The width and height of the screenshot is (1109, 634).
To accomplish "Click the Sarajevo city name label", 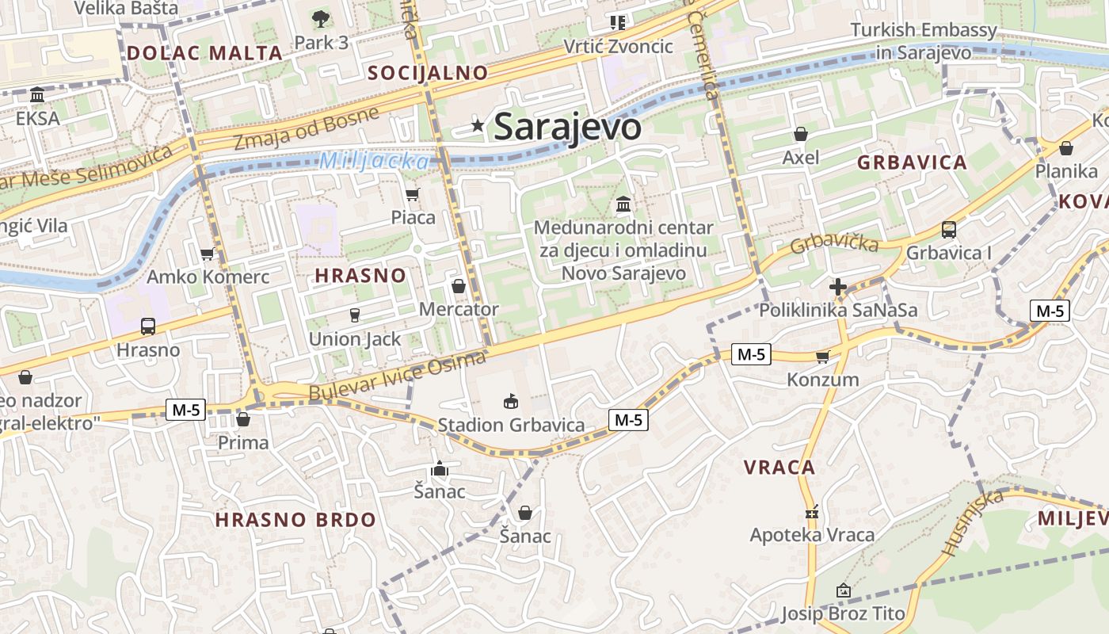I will [x=567, y=127].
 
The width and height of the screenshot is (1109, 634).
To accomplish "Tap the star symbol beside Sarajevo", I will [x=478, y=125].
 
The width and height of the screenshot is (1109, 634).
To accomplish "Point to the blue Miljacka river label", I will [x=374, y=161].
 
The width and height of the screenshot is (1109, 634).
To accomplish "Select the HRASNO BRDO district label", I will [x=295, y=520].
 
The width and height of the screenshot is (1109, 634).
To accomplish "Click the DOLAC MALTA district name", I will [x=204, y=53].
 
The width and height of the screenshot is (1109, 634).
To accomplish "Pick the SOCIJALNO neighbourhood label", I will [x=428, y=73].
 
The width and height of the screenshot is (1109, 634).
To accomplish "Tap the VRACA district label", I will [x=779, y=467].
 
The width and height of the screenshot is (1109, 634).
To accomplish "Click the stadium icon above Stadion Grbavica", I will [x=511, y=402].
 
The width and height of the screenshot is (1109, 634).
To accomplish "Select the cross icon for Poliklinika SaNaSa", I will [x=838, y=286].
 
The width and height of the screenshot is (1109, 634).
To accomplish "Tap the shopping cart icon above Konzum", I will [x=822, y=357].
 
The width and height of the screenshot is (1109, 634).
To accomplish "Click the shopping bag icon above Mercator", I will [x=458, y=286].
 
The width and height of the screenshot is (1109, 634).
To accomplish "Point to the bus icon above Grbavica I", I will [x=948, y=230].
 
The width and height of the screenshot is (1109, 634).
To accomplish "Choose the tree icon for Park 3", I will [x=320, y=19].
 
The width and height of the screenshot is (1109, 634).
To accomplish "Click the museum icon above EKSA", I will [x=37, y=96].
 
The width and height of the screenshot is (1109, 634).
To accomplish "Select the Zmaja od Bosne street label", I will [x=307, y=129].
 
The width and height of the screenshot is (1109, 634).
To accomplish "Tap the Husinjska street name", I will [x=972, y=521].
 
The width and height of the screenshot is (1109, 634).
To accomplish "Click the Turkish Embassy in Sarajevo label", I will [x=924, y=41].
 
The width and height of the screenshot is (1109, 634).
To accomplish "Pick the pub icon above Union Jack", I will [x=354, y=315].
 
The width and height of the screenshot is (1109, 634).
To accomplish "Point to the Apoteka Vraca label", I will [x=812, y=535].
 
